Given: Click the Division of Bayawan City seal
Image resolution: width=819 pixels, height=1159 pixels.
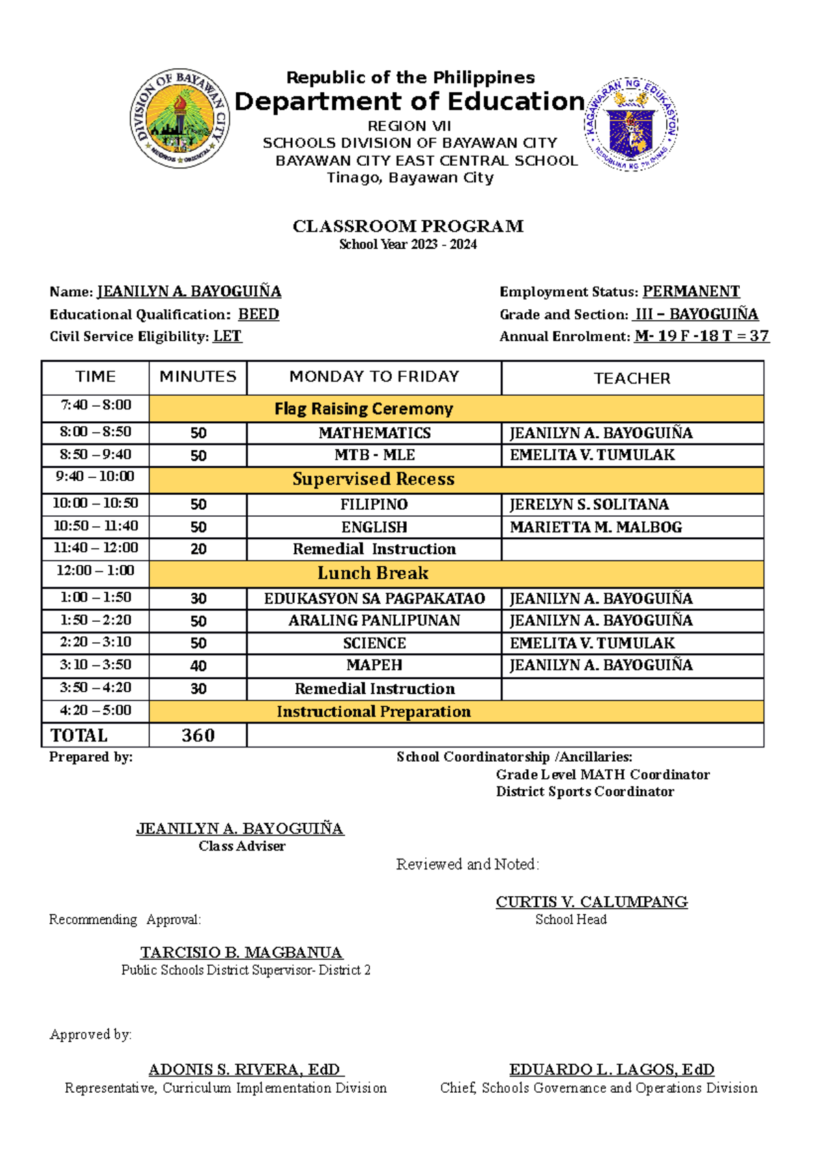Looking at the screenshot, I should click(179, 119).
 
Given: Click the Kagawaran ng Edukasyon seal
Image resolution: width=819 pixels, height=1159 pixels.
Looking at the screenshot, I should click(631, 124).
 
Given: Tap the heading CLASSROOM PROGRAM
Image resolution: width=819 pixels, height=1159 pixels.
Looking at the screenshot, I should click(408, 226).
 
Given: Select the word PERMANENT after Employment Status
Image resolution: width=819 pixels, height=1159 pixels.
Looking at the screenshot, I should click(691, 292).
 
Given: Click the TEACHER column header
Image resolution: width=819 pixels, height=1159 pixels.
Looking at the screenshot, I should click(632, 378).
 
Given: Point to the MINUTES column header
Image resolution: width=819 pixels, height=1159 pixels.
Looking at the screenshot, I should click(198, 377).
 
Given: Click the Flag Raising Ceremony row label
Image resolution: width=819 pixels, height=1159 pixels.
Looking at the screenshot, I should click(364, 409).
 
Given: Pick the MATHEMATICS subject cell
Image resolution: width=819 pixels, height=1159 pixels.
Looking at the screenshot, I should click(374, 433).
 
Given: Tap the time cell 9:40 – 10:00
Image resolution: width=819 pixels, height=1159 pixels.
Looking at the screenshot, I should click(96, 476).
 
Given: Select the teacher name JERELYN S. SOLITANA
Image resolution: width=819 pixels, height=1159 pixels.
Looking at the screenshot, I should click(589, 504).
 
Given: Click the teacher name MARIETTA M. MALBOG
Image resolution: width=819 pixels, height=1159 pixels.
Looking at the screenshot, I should click(596, 527).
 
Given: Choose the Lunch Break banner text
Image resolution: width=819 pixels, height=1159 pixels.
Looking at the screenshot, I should click(373, 573).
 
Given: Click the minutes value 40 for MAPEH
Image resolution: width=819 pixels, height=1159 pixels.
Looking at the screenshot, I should click(198, 666).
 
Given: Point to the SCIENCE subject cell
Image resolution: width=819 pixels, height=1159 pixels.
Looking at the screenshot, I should click(374, 643).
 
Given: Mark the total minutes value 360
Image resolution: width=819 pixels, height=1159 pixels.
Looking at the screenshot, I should click(198, 735).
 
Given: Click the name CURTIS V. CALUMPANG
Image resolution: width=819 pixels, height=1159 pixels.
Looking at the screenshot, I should click(591, 902).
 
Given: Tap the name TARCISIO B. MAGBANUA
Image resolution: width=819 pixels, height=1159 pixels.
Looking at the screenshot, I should click(242, 952).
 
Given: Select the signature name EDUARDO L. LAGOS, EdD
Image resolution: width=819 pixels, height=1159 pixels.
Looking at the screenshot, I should click(612, 1070).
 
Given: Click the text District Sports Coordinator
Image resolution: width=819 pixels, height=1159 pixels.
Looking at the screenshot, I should click(585, 792).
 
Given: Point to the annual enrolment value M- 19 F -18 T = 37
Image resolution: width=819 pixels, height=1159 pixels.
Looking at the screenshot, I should click(702, 337).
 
